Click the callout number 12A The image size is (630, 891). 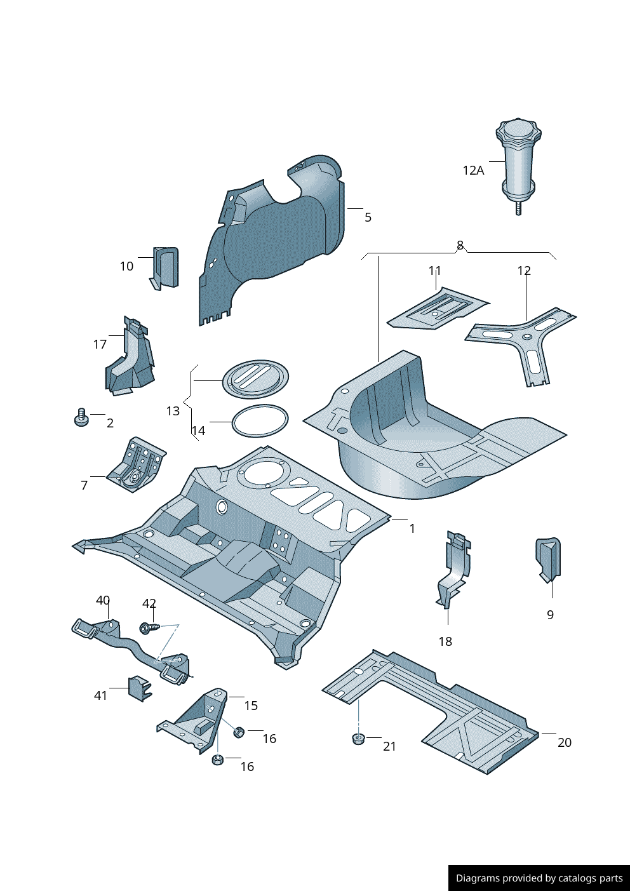click(x=473, y=170)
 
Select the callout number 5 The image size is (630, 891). click(x=368, y=217)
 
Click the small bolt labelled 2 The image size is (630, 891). click(x=81, y=418)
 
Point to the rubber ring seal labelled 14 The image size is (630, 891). click(x=259, y=421)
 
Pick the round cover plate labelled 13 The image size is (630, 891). click(x=255, y=379)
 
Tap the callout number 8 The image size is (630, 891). click(x=460, y=245)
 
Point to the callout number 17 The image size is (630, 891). click(x=100, y=344)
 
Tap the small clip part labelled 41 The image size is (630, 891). click(x=139, y=688)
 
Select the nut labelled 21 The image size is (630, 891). click(x=358, y=739)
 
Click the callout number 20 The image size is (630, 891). click(x=564, y=742)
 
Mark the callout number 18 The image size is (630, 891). click(x=445, y=641)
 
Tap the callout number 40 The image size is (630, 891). click(x=103, y=600)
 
